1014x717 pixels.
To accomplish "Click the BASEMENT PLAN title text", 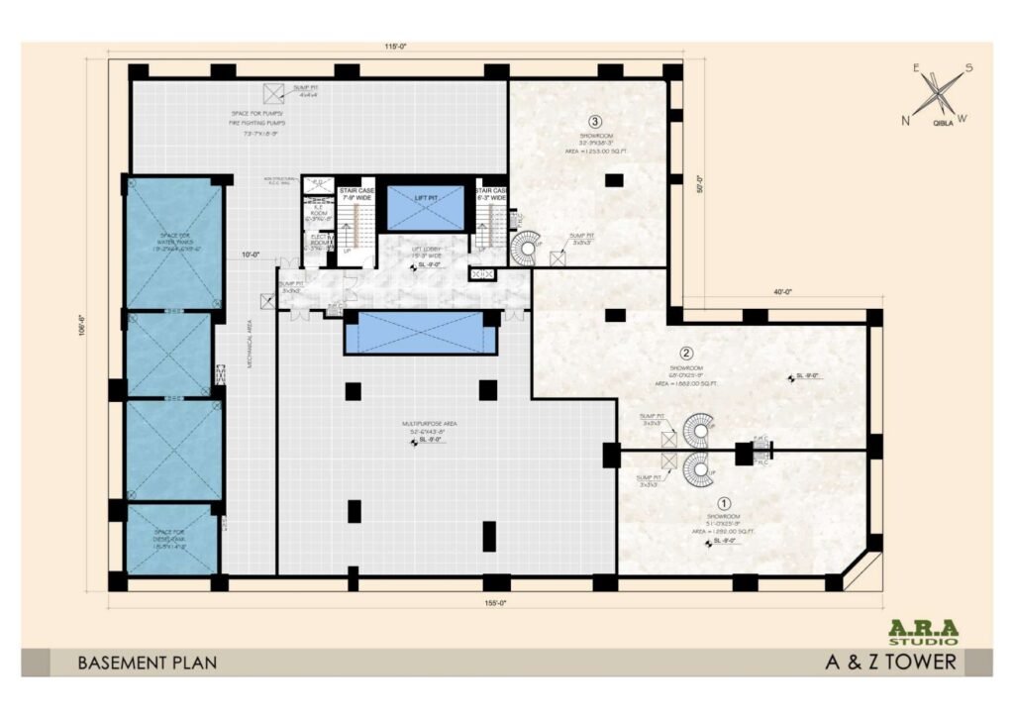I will (x=147, y=663).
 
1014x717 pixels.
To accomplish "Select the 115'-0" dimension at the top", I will (x=397, y=47).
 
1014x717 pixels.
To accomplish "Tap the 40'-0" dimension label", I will (x=784, y=291).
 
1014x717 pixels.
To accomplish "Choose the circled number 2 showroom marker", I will (x=685, y=353).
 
